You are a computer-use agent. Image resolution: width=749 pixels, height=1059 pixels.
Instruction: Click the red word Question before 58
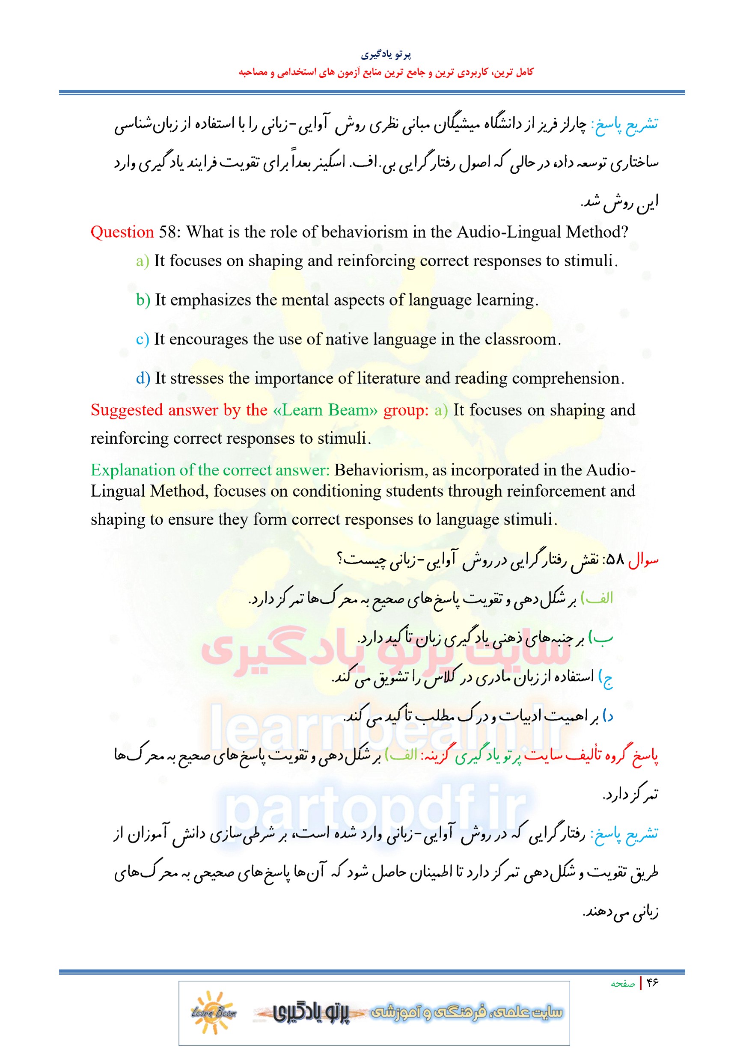click(122, 232)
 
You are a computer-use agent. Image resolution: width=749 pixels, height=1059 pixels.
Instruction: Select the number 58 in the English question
click(167, 232)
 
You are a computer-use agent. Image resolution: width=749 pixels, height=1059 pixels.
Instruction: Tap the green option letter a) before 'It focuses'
click(142, 261)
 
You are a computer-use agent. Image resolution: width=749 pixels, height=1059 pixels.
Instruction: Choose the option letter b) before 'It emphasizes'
click(143, 300)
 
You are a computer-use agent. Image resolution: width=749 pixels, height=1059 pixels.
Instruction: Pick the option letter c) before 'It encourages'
click(142, 339)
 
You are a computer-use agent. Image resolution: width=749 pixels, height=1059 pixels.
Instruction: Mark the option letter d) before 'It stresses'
click(143, 379)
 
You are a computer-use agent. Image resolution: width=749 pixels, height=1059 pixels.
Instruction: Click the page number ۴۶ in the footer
click(651, 983)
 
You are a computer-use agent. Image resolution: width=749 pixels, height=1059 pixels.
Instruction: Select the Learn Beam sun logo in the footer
click(213, 1012)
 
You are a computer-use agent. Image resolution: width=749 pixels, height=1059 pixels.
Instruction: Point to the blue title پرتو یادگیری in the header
click(386, 54)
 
